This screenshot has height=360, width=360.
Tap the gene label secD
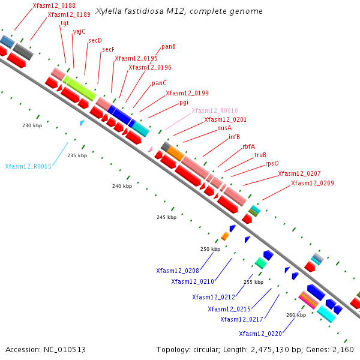tap(95, 40)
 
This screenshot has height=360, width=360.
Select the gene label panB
tap(169, 46)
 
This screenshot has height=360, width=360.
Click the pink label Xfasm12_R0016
tap(215, 110)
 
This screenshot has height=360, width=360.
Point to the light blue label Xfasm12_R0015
tap(28, 166)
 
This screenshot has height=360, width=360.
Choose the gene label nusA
tap(224, 128)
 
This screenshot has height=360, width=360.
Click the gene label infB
tap(234, 137)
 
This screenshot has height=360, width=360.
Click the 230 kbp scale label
tap(32, 125)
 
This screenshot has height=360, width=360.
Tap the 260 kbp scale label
tap(296, 314)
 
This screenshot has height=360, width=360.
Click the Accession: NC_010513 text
tap(46, 349)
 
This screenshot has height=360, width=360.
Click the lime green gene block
tap(80, 88)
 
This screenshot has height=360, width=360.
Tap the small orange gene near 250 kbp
tap(225, 236)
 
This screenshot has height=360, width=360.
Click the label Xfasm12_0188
tap(54, 5)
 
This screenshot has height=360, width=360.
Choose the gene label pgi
tap(184, 102)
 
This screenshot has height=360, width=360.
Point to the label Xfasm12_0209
tap(313, 183)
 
